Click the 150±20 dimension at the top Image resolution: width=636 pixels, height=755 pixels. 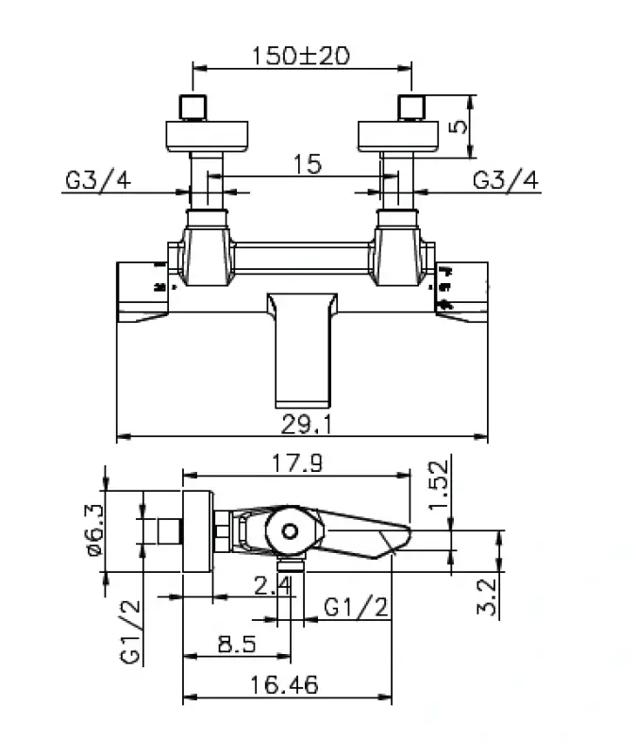[x=301, y=55]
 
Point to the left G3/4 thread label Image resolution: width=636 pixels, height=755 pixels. [x=98, y=181]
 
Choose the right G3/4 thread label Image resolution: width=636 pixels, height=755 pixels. [x=505, y=181]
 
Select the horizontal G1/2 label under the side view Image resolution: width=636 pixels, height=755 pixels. [x=357, y=607]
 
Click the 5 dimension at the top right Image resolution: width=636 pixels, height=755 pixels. [x=460, y=126]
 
